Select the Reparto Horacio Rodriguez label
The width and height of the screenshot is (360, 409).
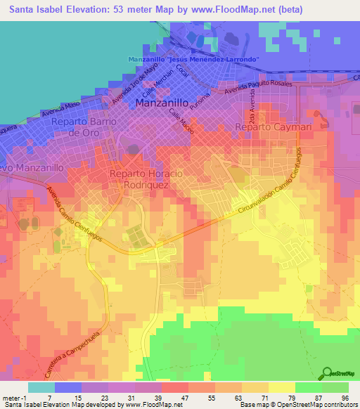click(x=146, y=178)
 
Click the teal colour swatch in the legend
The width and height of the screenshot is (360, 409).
click(x=41, y=387)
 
